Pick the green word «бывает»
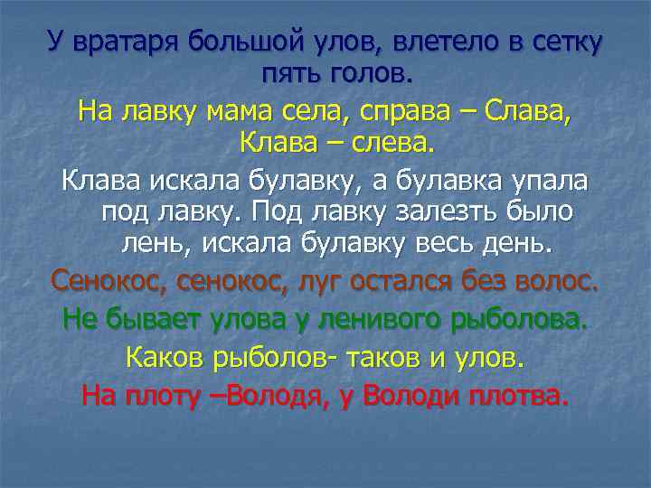click(x=144, y=319)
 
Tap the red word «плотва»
click(x=511, y=395)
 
